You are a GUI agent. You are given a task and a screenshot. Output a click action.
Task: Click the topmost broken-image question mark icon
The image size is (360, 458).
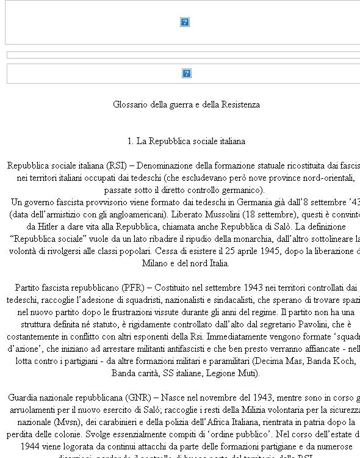pyautogui.click(x=185, y=22)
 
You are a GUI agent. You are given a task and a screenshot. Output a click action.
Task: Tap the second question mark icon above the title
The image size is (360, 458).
pyautogui.click(x=187, y=73)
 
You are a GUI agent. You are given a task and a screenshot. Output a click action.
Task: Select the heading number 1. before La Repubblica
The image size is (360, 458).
pyautogui.click(x=131, y=141)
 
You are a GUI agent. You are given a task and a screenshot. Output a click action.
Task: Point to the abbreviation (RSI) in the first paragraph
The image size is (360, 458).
pyautogui.click(x=116, y=165)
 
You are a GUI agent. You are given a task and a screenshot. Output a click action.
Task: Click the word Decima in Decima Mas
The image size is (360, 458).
pyautogui.click(x=268, y=361)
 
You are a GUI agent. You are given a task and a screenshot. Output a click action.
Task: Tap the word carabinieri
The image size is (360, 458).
pyautogui.click(x=123, y=422)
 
